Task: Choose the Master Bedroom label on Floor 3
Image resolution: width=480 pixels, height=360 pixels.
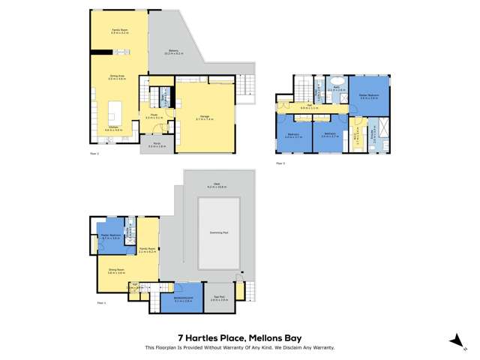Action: pos(368,94)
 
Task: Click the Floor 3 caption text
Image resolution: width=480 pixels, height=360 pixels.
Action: pos(280,163)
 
